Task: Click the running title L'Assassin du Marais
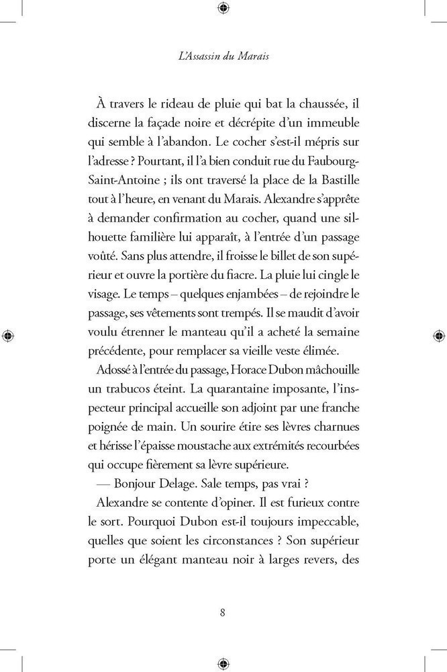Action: click(x=223, y=56)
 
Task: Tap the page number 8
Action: click(x=223, y=612)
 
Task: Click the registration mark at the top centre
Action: click(x=223, y=8)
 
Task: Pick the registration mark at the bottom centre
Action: click(x=223, y=663)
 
